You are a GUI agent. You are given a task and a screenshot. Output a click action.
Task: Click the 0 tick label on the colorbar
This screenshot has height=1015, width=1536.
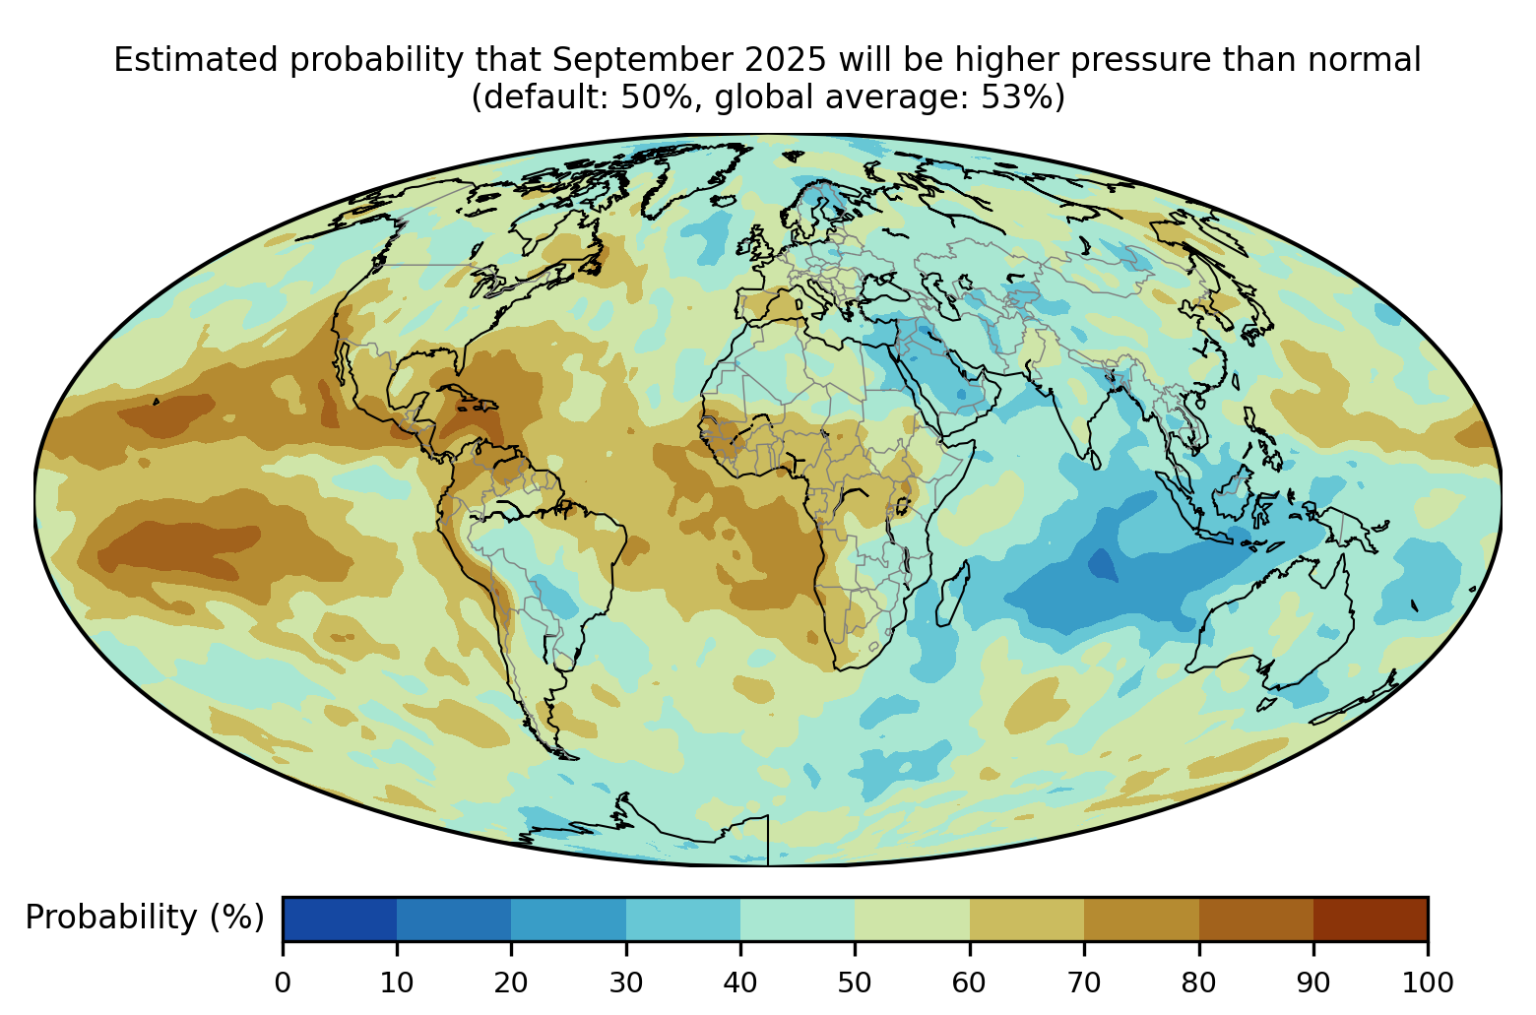pyautogui.click(x=283, y=982)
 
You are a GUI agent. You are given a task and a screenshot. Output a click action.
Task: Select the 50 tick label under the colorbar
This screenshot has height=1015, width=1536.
pyautogui.click(x=855, y=982)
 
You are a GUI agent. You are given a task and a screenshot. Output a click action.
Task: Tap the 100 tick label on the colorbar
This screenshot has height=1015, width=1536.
pyautogui.click(x=1427, y=982)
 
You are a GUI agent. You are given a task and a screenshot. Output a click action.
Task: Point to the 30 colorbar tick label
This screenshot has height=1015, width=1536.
pyautogui.click(x=626, y=982)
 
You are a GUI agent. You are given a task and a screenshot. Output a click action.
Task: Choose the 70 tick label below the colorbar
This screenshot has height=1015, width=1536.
pyautogui.click(x=1084, y=982)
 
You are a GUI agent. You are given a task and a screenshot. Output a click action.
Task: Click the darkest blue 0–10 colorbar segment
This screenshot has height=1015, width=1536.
pyautogui.click(x=340, y=920)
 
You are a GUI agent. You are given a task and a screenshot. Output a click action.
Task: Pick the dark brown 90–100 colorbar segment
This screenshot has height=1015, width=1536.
pyautogui.click(x=1370, y=920)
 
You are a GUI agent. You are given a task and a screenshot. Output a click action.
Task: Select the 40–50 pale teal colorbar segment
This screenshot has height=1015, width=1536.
pyautogui.click(x=798, y=920)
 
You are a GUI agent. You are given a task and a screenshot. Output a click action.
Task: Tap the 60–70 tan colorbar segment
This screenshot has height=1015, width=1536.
pyautogui.click(x=1026, y=920)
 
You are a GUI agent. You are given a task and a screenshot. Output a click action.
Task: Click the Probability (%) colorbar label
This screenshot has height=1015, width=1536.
pyautogui.click(x=145, y=918)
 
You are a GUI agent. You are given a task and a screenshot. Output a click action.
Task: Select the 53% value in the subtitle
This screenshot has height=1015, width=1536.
pyautogui.click(x=1019, y=98)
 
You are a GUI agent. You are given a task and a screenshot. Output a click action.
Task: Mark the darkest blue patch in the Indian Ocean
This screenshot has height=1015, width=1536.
pyautogui.click(x=1103, y=566)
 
